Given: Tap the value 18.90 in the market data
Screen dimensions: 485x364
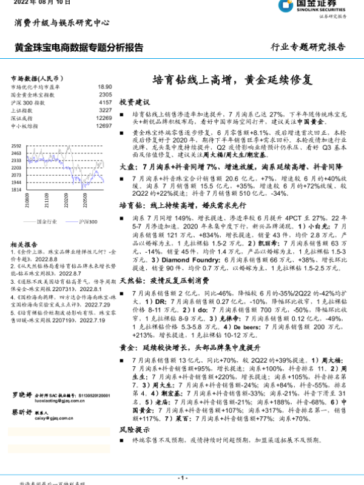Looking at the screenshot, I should click(x=105, y=87).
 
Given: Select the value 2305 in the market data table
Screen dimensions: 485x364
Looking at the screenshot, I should click(x=105, y=95).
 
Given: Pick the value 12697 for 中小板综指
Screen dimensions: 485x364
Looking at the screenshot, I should click(x=104, y=126).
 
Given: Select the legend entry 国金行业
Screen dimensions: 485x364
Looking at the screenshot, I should click(x=47, y=222).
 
